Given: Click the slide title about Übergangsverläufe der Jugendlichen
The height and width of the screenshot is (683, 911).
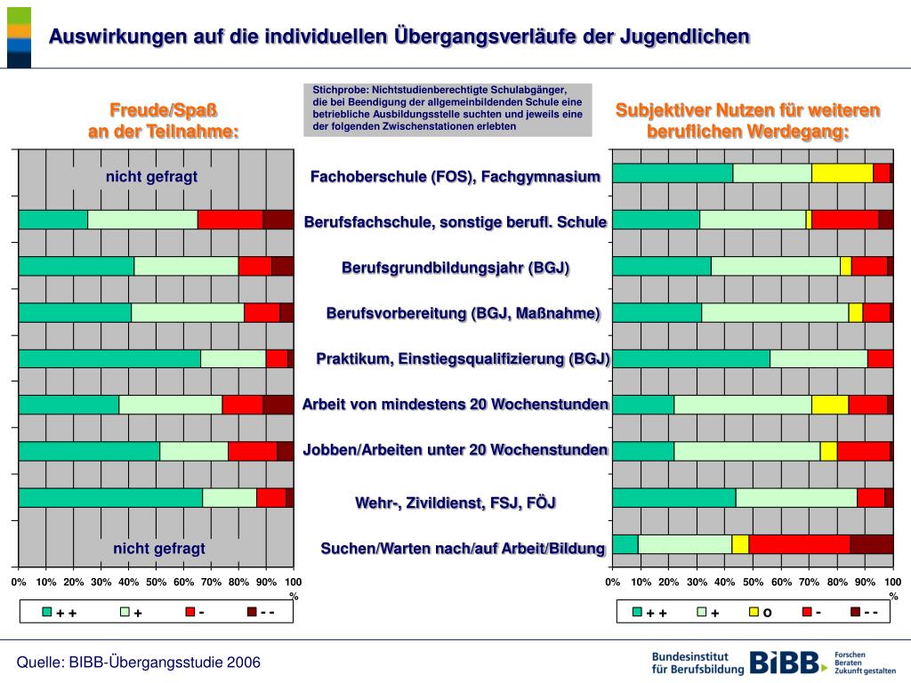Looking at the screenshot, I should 399,36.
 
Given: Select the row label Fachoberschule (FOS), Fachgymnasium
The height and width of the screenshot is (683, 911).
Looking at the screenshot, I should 455,176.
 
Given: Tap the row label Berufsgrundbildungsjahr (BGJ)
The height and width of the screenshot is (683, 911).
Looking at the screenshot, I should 455,268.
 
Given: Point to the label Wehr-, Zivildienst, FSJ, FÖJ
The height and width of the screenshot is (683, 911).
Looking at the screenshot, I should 455,502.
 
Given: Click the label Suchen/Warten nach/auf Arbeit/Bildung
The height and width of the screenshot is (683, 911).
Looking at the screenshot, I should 463,548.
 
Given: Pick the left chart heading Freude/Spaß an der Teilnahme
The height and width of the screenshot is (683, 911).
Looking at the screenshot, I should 164,121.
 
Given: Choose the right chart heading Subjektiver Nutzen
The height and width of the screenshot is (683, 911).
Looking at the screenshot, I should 747,121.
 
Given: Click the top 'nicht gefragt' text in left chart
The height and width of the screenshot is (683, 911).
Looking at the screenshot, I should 151,176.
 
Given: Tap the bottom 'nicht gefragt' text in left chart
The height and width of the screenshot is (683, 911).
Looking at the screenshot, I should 158,548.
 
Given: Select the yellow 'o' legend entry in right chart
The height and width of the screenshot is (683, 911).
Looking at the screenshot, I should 760,612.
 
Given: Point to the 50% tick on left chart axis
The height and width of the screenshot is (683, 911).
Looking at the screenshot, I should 157,583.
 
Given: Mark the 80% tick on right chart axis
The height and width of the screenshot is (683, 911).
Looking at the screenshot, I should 837,583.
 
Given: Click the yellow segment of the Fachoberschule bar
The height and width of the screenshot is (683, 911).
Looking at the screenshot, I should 842,173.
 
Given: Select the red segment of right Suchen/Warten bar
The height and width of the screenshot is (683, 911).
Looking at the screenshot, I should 799,543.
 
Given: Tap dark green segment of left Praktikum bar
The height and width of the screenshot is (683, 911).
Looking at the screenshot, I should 109,358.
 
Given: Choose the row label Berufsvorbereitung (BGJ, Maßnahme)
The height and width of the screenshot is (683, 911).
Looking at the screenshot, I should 463,313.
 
